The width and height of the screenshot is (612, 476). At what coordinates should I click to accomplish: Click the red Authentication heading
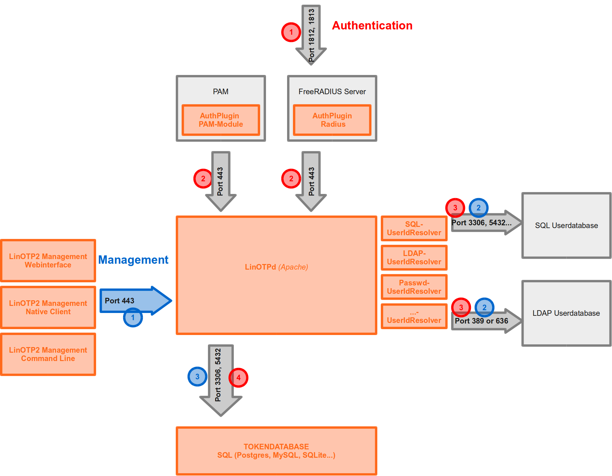coord(372,25)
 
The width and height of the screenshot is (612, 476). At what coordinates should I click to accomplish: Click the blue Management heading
coord(133,260)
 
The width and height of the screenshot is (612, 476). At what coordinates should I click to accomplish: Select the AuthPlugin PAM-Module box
coord(221,120)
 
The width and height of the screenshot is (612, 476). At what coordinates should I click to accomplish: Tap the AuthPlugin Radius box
coord(332,120)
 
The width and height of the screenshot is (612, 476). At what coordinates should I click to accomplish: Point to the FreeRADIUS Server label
coord(332,91)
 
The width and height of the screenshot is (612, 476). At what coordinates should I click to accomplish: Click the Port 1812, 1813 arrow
coord(311,34)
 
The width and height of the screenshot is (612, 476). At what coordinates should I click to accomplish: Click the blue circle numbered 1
coord(133,318)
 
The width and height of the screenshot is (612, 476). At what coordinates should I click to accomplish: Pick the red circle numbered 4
coord(238,378)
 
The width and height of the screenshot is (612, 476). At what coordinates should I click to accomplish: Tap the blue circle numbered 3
coord(197,377)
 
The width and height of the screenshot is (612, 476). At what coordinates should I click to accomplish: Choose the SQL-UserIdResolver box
coord(414,228)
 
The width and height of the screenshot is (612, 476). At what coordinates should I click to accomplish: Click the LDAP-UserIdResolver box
coord(414,258)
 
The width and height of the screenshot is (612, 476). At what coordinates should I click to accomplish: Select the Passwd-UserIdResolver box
coord(414,287)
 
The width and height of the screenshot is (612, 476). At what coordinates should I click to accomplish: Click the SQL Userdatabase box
coord(566,225)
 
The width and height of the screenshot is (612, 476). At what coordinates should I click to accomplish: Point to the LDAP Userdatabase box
coord(566,313)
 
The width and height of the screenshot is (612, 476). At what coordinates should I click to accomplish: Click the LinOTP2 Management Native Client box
coord(48,307)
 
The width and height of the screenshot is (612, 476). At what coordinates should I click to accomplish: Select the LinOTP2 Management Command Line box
coord(48,354)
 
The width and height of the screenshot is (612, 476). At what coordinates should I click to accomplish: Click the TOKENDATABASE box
coord(276,451)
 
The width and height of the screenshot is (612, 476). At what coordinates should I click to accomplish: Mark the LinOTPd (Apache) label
coord(276,267)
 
